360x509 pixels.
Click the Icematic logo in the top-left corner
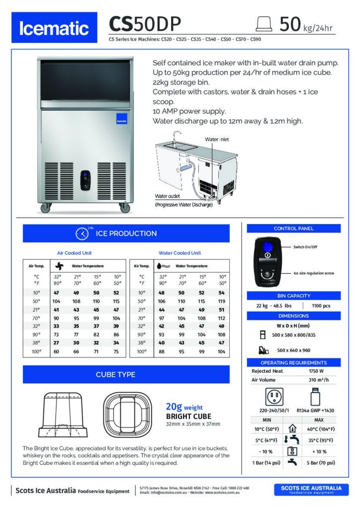(x=54, y=29)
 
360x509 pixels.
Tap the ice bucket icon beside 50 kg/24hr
(x=263, y=24)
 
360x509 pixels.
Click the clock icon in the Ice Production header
(x=82, y=234)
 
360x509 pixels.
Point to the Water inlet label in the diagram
(x=217, y=140)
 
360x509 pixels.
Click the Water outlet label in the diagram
(x=167, y=197)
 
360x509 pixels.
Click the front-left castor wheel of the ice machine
(x=45, y=208)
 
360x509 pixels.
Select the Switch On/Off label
(x=306, y=247)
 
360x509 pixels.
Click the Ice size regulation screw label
(x=313, y=273)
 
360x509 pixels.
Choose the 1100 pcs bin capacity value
(x=321, y=306)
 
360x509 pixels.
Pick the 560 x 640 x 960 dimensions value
(x=293, y=350)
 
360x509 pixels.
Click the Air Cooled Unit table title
(x=75, y=253)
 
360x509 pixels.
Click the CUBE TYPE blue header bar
(x=126, y=374)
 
